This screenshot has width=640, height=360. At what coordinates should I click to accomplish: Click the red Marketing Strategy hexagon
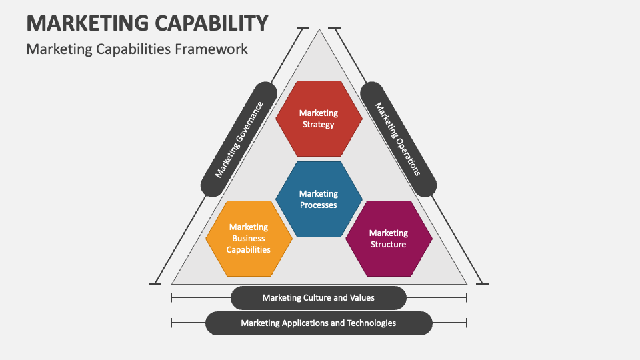319,119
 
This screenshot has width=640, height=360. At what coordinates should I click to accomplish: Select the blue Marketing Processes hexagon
319,199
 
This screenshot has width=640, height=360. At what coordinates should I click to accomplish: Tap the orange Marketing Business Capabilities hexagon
249,239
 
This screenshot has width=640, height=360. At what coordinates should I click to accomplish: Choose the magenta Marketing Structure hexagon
388,239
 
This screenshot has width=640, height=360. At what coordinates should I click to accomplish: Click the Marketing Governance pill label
239,139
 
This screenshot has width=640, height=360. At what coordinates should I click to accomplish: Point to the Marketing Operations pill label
398,139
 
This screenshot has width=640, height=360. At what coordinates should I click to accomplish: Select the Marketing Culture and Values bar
319,298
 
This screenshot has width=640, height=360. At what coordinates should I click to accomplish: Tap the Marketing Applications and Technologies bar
319,323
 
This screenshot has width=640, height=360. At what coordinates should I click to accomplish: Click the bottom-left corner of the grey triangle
173,283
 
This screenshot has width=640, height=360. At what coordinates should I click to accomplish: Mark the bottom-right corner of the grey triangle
465,283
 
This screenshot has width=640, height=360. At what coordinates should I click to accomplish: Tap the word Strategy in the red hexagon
319,125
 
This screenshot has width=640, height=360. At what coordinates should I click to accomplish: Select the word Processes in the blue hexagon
319,205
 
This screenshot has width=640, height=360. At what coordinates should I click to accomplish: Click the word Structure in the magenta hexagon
388,245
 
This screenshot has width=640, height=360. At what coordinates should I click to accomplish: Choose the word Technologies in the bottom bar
369,323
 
